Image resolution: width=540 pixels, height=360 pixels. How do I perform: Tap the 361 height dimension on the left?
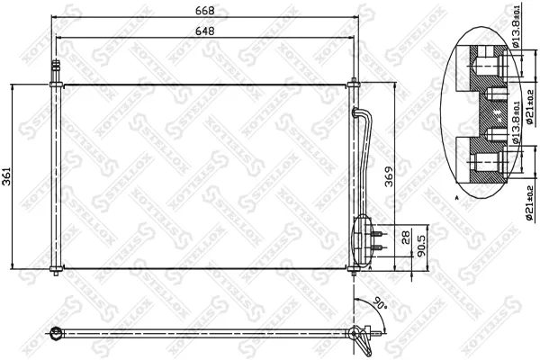[8, 178]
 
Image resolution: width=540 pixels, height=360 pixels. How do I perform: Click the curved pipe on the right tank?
[365, 135]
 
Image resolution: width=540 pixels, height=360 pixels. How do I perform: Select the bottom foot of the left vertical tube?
[57, 271]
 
